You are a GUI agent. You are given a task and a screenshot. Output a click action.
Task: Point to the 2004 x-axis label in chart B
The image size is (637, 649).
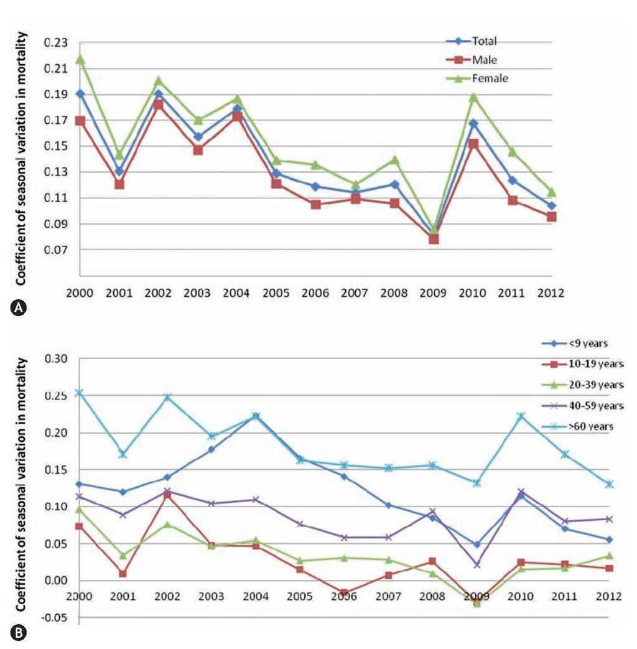point(256,596)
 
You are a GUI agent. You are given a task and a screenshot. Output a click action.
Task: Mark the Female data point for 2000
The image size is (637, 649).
point(80,59)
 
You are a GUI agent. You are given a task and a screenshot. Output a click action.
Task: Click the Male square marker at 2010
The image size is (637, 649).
point(475,144)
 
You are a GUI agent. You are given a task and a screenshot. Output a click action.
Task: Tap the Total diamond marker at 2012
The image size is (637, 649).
point(551,205)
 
